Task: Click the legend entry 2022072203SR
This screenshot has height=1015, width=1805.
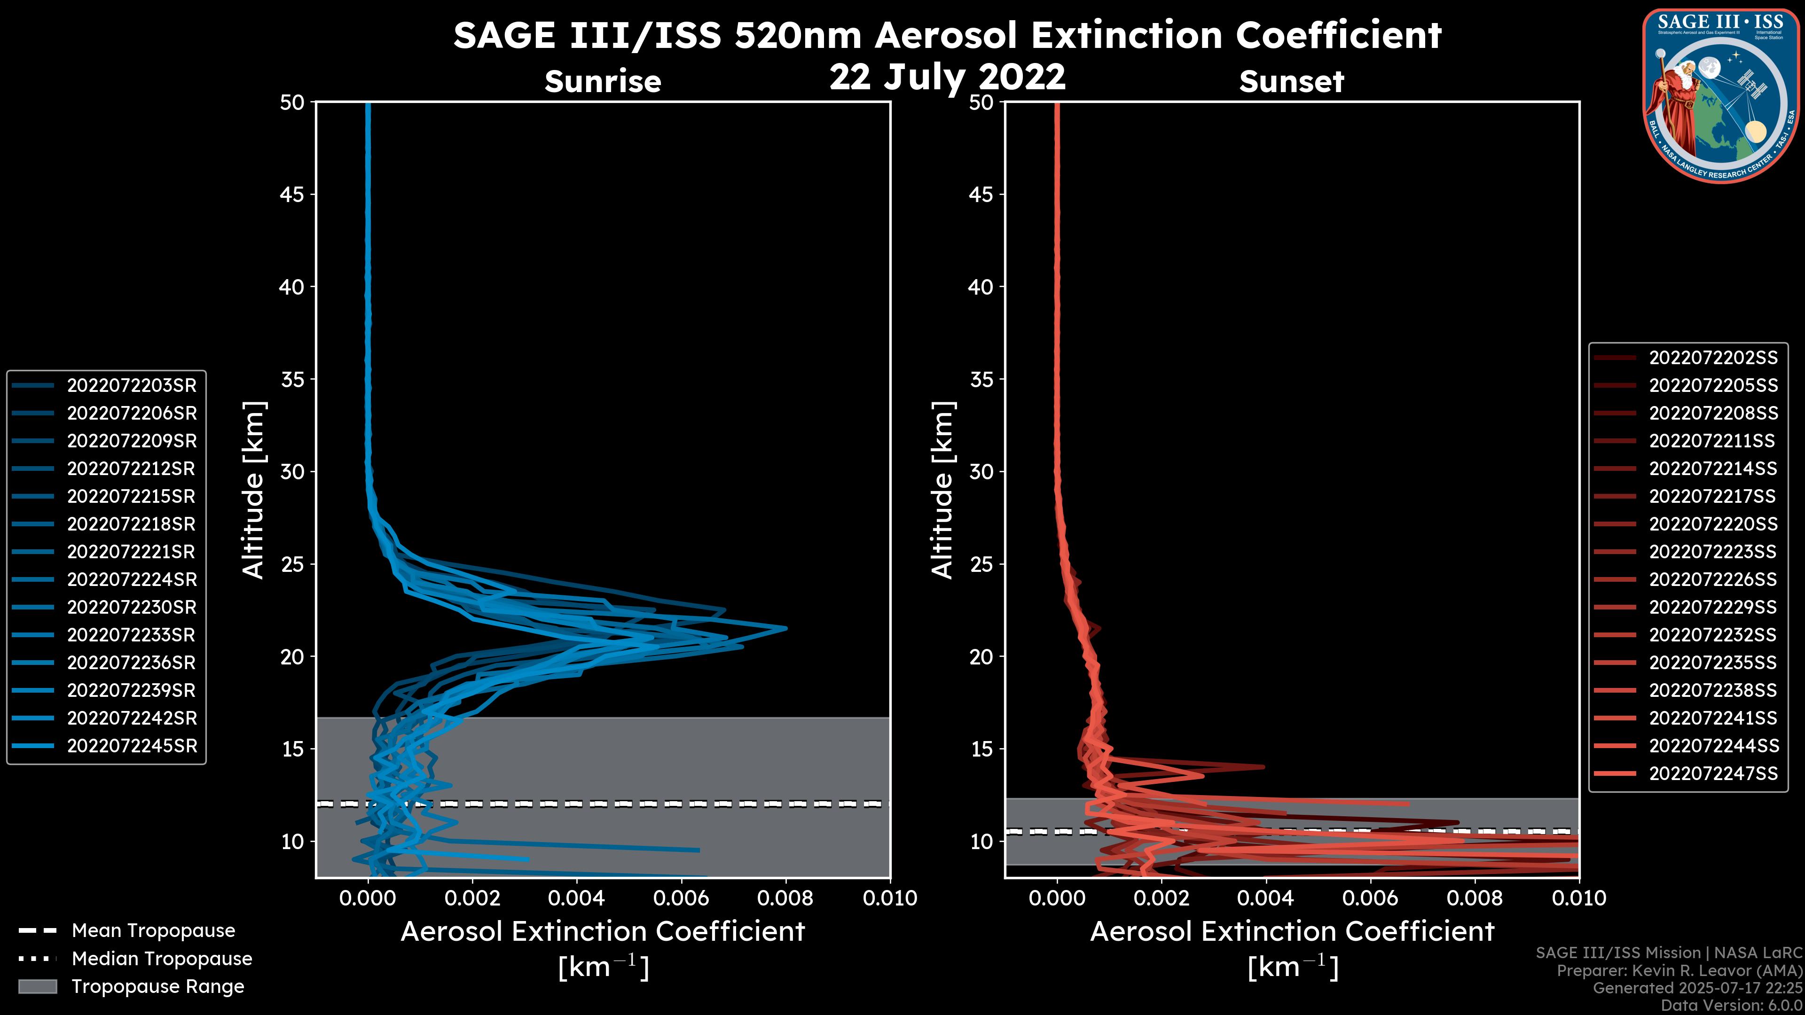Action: click(132, 385)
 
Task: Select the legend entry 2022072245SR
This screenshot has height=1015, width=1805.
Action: click(132, 746)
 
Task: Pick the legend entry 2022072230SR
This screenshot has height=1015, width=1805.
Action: click(132, 607)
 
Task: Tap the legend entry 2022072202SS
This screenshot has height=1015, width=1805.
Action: click(1712, 358)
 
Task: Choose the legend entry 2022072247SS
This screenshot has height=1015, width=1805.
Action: click(1712, 773)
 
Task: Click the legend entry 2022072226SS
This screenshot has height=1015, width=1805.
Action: click(1712, 579)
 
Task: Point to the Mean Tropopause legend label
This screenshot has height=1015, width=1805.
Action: click(153, 931)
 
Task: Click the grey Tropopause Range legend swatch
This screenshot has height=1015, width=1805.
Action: click(37, 986)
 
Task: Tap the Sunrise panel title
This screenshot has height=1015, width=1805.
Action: click(603, 81)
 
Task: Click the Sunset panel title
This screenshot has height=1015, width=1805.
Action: click(1291, 81)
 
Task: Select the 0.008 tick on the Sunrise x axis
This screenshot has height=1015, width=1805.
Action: click(785, 898)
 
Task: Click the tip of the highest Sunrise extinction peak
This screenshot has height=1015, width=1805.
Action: click(786, 628)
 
